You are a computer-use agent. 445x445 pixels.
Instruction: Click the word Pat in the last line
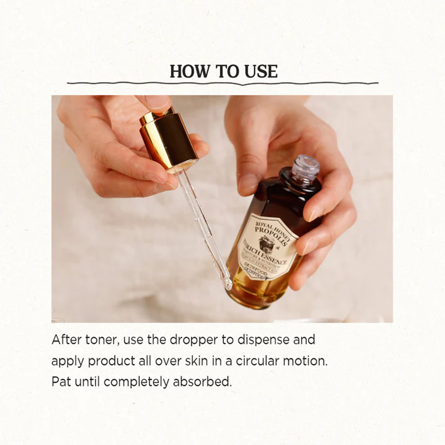(61, 382)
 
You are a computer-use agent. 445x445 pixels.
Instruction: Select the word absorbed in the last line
(202, 382)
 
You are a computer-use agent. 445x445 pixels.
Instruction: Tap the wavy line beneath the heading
(222, 83)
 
